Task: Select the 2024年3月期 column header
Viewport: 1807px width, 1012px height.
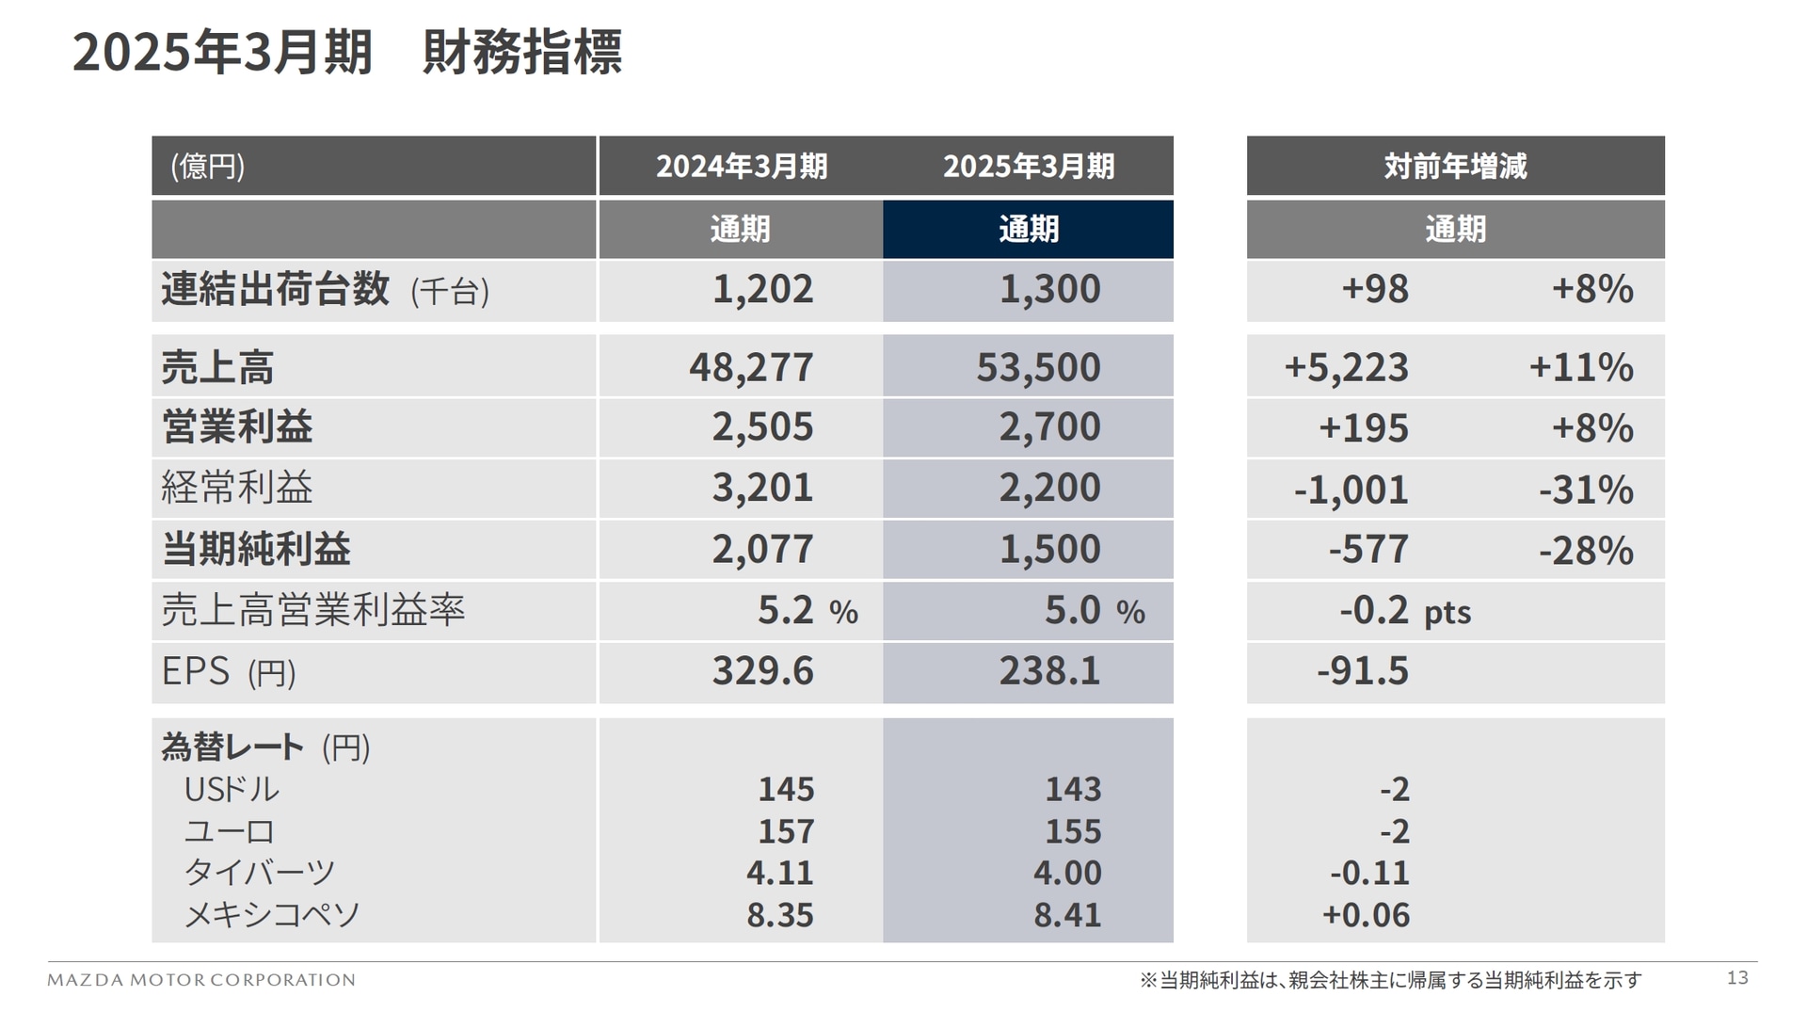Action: click(x=741, y=167)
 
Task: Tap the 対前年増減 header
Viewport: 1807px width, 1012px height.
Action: click(x=1454, y=167)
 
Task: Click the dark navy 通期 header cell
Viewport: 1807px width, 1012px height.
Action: click(x=1028, y=229)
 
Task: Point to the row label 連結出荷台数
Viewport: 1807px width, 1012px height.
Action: click(x=275, y=289)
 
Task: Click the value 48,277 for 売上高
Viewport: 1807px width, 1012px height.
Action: click(x=751, y=367)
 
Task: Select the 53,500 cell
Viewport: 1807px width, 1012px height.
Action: click(x=1037, y=367)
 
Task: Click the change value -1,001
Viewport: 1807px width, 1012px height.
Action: click(x=1351, y=490)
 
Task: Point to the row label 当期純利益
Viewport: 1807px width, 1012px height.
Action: click(x=256, y=549)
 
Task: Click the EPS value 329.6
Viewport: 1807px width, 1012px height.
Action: click(x=762, y=671)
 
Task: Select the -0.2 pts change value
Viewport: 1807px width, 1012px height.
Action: click(x=1403, y=611)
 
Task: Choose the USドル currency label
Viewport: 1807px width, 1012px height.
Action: click(x=232, y=789)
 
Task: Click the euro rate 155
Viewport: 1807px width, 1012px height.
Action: click(x=1072, y=831)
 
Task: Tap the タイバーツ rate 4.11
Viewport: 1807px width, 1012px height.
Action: click(x=779, y=873)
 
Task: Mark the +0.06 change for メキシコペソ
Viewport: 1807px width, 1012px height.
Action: click(x=1365, y=915)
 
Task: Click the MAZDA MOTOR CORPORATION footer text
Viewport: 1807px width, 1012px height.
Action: click(x=201, y=980)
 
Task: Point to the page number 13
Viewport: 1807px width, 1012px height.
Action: click(x=1736, y=978)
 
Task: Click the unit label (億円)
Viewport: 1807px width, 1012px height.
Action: click(x=208, y=167)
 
